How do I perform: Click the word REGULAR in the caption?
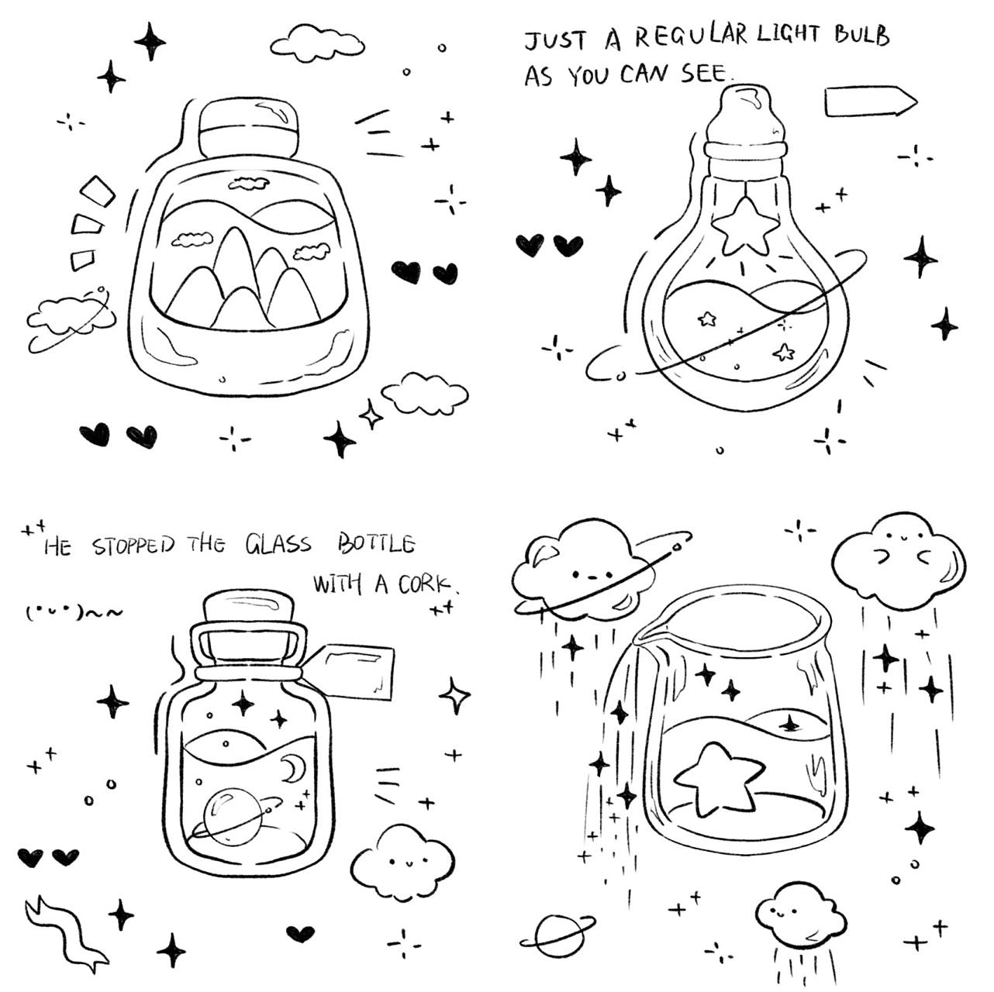pyautogui.click(x=691, y=36)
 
